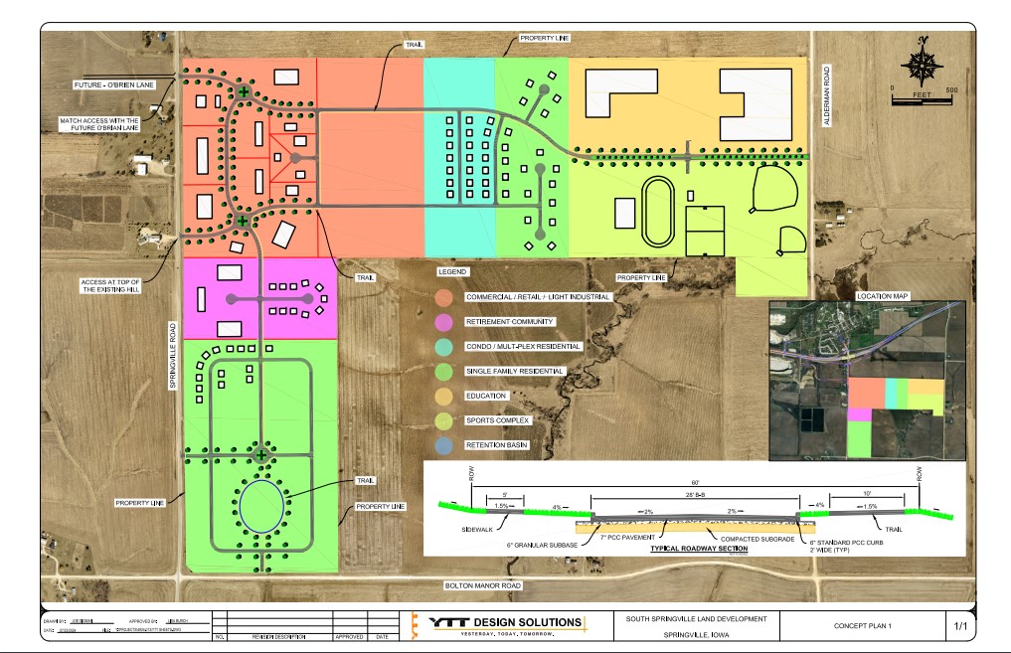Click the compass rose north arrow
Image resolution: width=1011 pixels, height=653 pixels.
coord(924,62)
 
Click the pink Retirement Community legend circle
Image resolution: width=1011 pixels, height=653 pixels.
coord(443,322)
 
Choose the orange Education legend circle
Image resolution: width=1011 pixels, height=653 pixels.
coord(443,396)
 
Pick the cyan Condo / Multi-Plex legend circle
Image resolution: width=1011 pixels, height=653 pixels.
coord(443,347)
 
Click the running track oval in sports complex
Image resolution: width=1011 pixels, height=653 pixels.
coord(657,212)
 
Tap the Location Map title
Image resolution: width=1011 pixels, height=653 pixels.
coord(882,296)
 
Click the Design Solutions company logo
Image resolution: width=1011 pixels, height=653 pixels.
coord(507,623)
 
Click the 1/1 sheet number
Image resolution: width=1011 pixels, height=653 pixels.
coord(960,626)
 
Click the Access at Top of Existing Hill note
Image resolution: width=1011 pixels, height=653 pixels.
coord(111,288)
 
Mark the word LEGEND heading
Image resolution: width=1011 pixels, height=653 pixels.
coord(451,271)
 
